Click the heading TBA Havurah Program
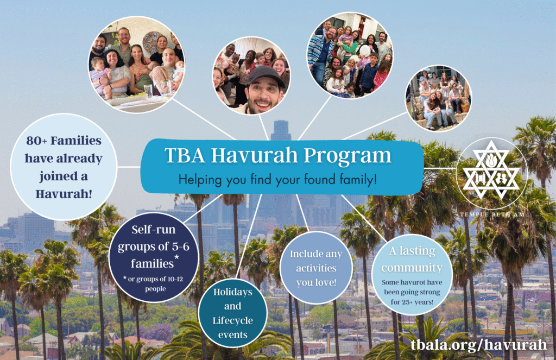277,155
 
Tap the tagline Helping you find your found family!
277,180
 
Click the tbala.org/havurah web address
479,345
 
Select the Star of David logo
491,170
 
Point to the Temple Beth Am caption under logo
492,214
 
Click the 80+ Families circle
64,167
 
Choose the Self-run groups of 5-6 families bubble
154,257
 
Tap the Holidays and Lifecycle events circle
232,313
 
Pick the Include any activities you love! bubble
316,268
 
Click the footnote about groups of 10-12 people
154,283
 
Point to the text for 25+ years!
412,302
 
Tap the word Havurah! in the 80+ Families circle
64,194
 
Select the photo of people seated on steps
439,98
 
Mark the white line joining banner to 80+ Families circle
129,167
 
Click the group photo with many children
350,55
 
